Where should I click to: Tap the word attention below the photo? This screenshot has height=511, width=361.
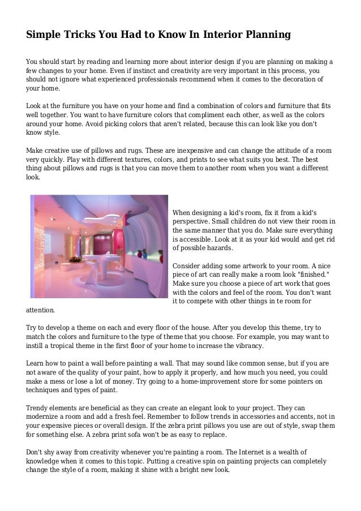pos(41,310)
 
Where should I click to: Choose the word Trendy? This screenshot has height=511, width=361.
pos(39,408)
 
